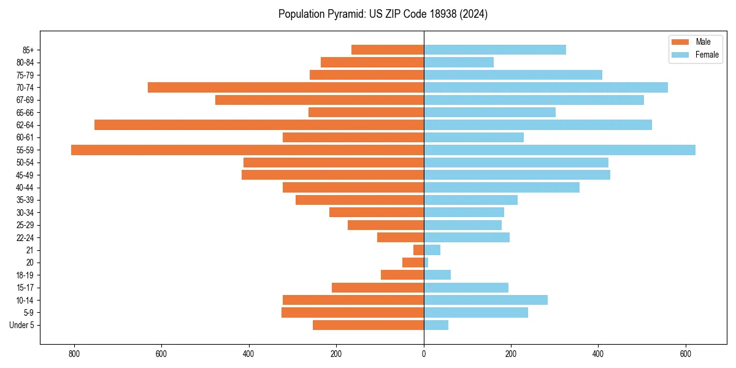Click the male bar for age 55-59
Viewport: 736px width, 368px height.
pos(247,150)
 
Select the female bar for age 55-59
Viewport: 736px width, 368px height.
pos(559,150)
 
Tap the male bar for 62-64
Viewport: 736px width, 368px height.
pos(259,125)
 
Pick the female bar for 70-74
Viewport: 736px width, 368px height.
pos(546,87)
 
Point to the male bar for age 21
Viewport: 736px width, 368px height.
pos(418,250)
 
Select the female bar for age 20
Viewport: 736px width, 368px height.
pos(426,263)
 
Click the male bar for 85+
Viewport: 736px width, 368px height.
pos(388,50)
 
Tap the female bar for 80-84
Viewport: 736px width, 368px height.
pos(459,62)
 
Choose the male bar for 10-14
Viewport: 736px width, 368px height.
pos(353,300)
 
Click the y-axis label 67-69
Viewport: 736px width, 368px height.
pos(25,100)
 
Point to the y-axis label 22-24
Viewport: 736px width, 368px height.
pos(25,238)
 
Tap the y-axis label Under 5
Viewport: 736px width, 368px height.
pos(21,325)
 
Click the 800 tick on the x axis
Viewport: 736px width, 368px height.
pos(74,354)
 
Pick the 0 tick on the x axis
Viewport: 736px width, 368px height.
pos(424,354)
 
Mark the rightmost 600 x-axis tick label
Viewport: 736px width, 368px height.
pos(686,354)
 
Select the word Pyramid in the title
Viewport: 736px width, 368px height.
pos(343,13)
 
